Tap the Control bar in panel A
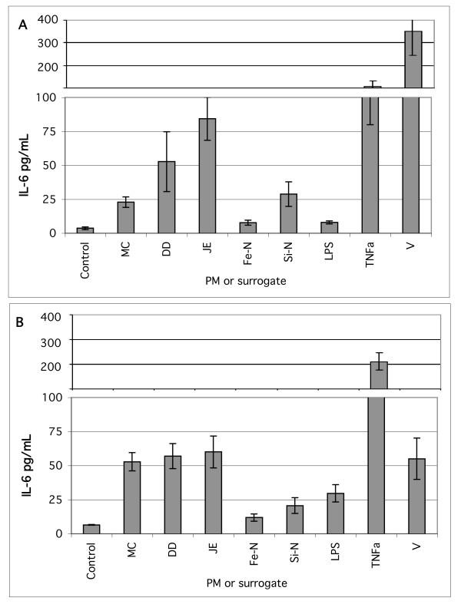click(x=85, y=229)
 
